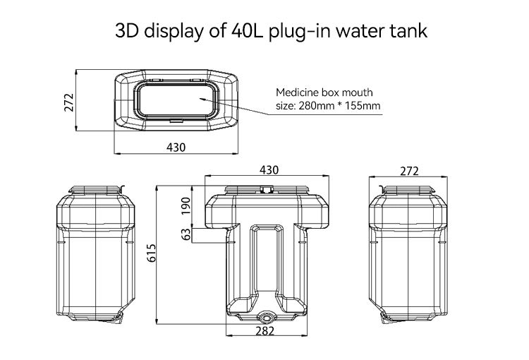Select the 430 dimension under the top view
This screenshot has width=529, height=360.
(176, 147)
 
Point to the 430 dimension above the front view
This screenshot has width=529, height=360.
(269, 170)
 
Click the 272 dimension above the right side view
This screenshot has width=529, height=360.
(409, 170)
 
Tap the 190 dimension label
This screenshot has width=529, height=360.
(186, 206)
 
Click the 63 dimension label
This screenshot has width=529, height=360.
(186, 234)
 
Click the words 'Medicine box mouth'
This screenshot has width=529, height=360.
(324, 92)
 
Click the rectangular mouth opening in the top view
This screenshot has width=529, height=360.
(176, 100)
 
